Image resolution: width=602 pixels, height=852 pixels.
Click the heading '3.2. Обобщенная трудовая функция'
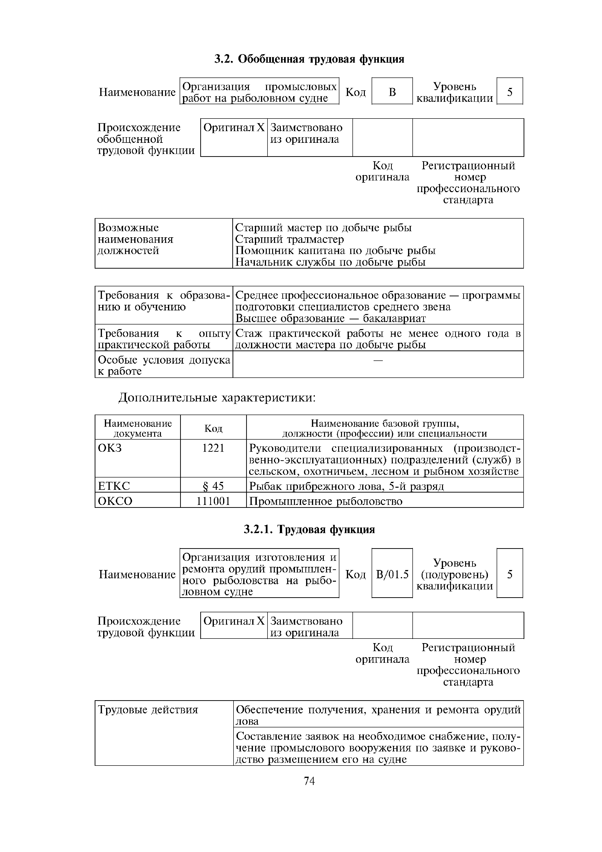(309, 59)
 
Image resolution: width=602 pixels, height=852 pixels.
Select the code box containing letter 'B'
(392, 92)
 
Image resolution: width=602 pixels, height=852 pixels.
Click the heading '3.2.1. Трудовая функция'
(309, 529)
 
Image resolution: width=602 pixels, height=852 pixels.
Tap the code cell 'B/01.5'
(392, 575)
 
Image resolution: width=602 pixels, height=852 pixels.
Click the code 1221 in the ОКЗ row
(213, 448)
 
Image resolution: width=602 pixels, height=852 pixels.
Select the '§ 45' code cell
(213, 486)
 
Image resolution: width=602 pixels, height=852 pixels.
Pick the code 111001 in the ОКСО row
(213, 501)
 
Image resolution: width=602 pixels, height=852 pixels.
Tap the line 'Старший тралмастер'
(290, 239)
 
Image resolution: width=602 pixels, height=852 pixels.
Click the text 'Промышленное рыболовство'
(326, 501)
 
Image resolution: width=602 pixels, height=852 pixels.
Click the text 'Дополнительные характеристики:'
(217, 398)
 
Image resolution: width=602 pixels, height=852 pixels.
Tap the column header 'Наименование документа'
(138, 428)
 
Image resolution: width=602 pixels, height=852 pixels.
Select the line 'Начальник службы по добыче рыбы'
(330, 262)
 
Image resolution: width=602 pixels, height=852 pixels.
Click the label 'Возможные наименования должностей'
(135, 239)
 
